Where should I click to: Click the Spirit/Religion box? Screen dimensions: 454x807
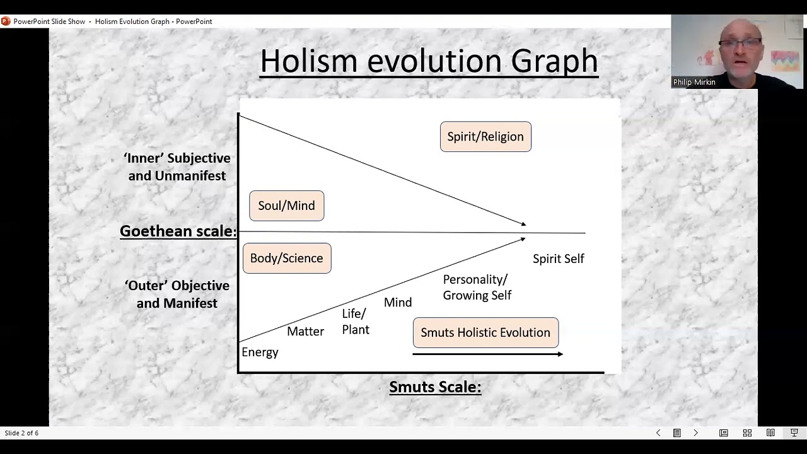(x=485, y=137)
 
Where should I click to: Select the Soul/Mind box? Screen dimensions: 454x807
(x=286, y=206)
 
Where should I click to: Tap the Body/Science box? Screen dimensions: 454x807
(x=286, y=258)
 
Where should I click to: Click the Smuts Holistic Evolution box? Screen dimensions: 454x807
(x=485, y=332)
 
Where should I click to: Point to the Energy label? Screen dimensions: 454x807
(x=260, y=352)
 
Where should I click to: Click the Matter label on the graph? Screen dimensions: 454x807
(x=305, y=331)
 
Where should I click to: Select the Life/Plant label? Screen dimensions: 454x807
(x=355, y=322)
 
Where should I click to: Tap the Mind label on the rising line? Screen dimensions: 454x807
(x=398, y=303)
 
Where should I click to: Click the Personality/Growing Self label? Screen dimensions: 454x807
(x=477, y=287)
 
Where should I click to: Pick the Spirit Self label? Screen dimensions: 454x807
(x=558, y=259)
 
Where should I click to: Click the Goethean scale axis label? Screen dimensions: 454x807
(x=177, y=231)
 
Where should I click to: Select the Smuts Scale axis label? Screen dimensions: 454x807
(x=435, y=387)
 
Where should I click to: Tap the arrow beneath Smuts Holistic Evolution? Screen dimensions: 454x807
(x=487, y=354)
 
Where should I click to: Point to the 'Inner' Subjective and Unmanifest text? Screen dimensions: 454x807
(x=177, y=167)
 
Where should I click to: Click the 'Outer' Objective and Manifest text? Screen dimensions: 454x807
(x=177, y=294)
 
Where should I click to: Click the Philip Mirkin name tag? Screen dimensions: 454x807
(x=694, y=82)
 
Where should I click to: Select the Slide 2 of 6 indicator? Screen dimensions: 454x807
(x=21, y=433)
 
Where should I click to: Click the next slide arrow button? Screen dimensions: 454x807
(x=695, y=433)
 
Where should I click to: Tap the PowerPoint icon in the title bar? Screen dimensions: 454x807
(x=6, y=21)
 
